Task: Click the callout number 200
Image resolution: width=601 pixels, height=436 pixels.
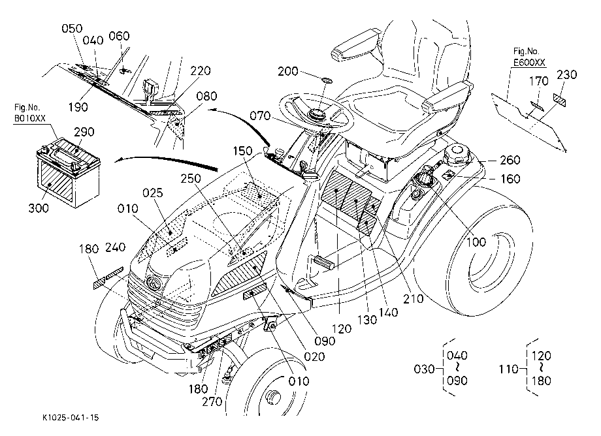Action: [288, 71]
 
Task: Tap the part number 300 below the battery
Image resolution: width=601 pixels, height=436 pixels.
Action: [39, 208]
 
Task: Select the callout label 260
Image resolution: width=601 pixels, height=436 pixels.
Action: [510, 160]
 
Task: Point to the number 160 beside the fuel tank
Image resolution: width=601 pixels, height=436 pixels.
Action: [510, 179]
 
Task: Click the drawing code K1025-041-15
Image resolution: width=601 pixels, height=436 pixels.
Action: [71, 417]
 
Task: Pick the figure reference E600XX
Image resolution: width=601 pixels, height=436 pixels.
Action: [529, 63]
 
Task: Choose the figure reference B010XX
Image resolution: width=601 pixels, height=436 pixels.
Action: [29, 118]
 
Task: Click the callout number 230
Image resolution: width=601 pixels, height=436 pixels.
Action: [566, 74]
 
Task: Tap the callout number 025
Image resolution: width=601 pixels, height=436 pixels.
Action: [153, 193]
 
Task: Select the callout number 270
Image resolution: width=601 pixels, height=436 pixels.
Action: [212, 401]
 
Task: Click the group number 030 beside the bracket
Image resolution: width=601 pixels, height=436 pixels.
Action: [425, 369]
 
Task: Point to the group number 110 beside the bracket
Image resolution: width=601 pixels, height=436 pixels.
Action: [508, 369]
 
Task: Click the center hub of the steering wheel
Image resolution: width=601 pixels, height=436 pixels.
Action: [317, 114]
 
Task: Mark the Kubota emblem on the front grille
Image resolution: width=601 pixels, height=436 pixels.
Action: [155, 284]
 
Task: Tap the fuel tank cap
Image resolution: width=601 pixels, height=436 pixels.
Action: [457, 153]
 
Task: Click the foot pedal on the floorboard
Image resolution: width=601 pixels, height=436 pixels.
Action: [324, 263]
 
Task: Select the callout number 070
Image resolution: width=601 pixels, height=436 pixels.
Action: [260, 116]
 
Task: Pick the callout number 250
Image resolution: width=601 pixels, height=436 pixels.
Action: [191, 178]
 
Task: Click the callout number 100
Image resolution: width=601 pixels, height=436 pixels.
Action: [476, 242]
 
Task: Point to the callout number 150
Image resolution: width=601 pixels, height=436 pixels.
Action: [242, 151]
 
